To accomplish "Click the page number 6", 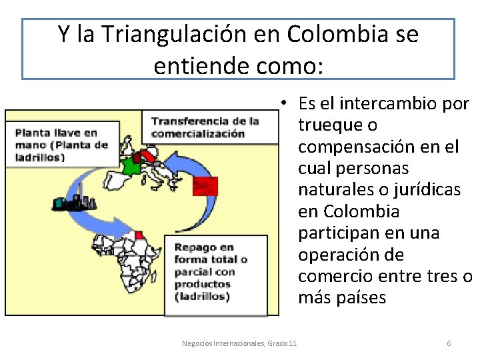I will coord(449,343).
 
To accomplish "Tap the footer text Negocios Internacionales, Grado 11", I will coord(239,343).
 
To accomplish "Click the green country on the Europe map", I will coord(130,165).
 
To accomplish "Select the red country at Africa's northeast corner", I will coord(139,234).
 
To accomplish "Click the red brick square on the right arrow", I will coord(205,185).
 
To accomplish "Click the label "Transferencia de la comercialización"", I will coord(205,127).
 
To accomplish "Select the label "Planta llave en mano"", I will coord(61,145).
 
